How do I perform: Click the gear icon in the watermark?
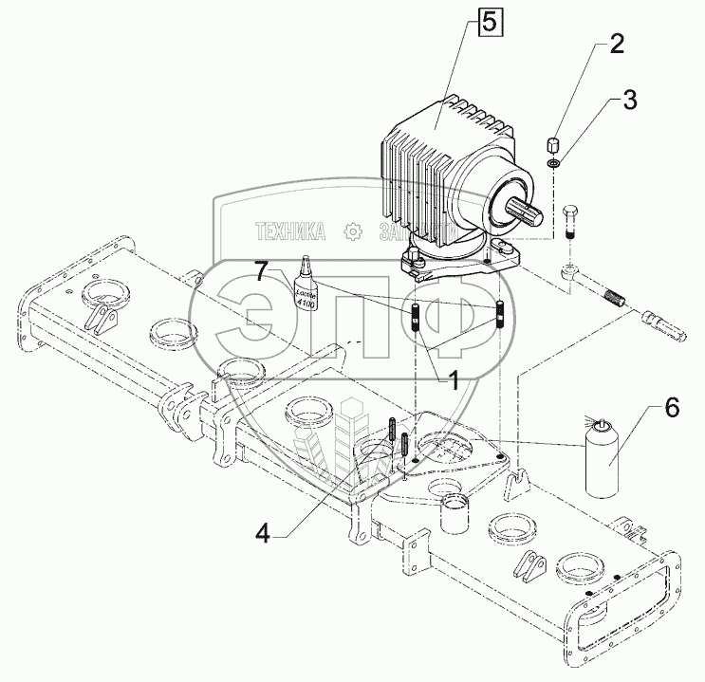pos(352,230)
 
